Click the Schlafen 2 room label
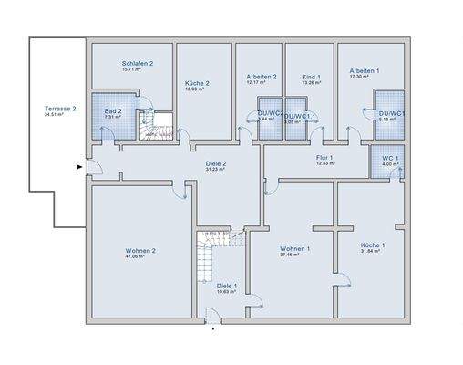click(x=138, y=63)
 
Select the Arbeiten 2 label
click(x=261, y=77)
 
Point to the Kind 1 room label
click(x=309, y=78)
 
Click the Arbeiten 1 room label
click(x=365, y=70)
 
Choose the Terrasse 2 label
click(x=60, y=109)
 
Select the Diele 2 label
click(x=215, y=164)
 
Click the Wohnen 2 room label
click(x=140, y=250)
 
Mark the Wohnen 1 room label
click(x=295, y=248)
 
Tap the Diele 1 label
click(x=226, y=286)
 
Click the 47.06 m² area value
click(x=140, y=257)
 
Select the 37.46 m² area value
click(x=295, y=255)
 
